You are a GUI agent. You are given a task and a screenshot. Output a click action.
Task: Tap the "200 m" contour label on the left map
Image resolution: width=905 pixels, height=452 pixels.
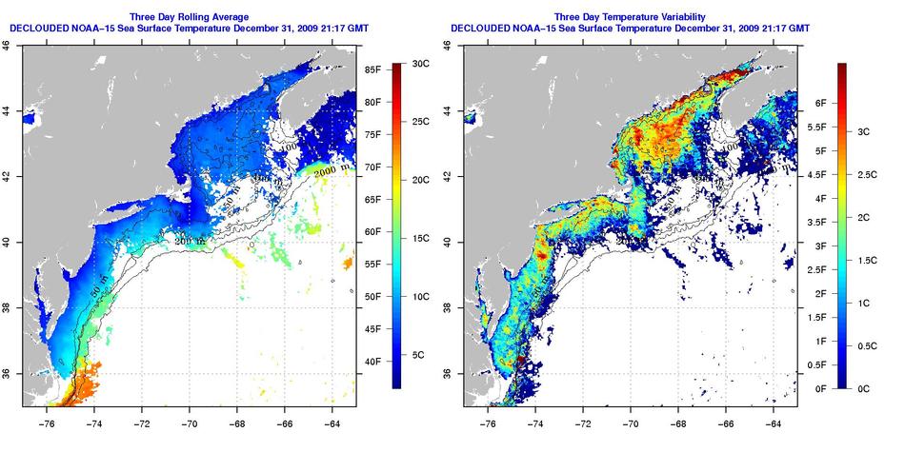(190, 243)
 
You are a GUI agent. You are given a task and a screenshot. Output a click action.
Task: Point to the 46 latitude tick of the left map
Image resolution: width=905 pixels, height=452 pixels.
(8, 46)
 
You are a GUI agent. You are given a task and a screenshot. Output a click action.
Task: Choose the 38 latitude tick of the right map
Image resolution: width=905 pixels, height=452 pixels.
(447, 307)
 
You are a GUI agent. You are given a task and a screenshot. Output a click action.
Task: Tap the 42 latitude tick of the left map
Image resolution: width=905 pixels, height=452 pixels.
(8, 177)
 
